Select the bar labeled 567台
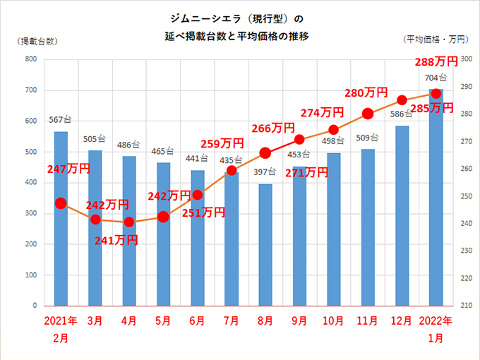click(61, 219)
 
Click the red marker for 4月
click(129, 222)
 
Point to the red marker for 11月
click(368, 114)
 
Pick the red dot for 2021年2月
click(61, 203)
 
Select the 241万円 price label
click(116, 240)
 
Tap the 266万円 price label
click(273, 128)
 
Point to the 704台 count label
click(436, 78)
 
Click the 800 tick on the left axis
click(31, 59)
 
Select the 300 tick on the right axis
click(465, 59)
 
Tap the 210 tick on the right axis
click(465, 306)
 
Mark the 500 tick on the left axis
click(31, 152)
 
